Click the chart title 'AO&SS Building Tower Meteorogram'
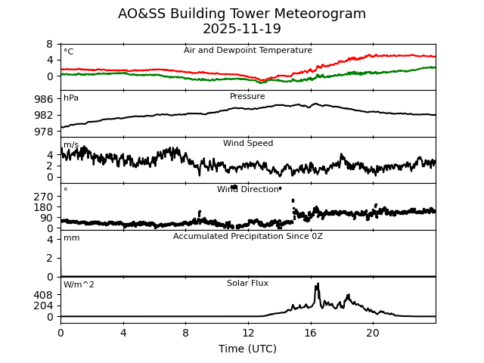click(x=242, y=14)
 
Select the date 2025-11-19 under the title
click(x=242, y=29)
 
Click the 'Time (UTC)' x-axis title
click(x=248, y=349)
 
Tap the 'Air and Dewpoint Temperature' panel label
click(x=248, y=51)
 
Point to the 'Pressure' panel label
click(x=248, y=97)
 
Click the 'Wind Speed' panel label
click(x=248, y=144)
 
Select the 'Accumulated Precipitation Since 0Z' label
click(x=248, y=237)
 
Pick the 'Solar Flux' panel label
click(x=248, y=284)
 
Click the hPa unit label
click(x=71, y=98)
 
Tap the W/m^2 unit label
click(x=79, y=285)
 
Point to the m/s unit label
click(x=71, y=145)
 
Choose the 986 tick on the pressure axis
click(x=44, y=99)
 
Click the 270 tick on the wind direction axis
click(x=44, y=196)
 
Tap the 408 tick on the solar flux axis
click(x=44, y=295)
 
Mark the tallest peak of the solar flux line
click(x=318, y=284)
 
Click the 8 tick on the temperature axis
click(x=50, y=44)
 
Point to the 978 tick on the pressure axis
click(x=44, y=132)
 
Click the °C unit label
click(x=69, y=52)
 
